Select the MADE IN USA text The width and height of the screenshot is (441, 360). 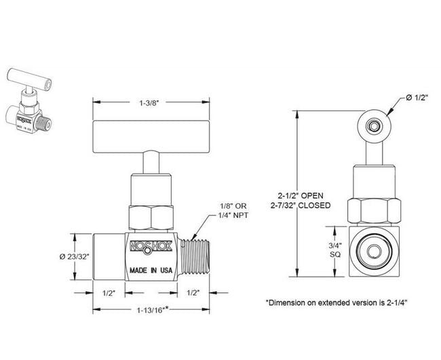[151, 270]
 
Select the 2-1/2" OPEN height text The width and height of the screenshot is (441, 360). [305, 193]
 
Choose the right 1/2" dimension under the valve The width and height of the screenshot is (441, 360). [193, 294]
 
